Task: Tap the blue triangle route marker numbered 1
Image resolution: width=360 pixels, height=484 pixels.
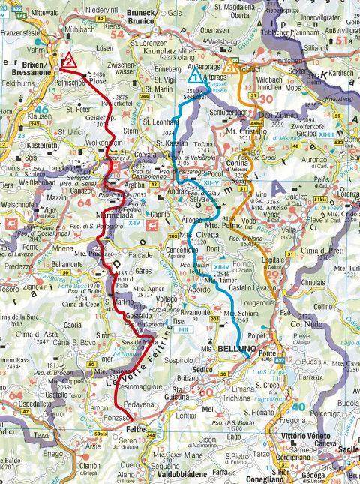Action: [x=195, y=76]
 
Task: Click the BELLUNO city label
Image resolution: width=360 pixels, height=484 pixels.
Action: [x=237, y=350]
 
